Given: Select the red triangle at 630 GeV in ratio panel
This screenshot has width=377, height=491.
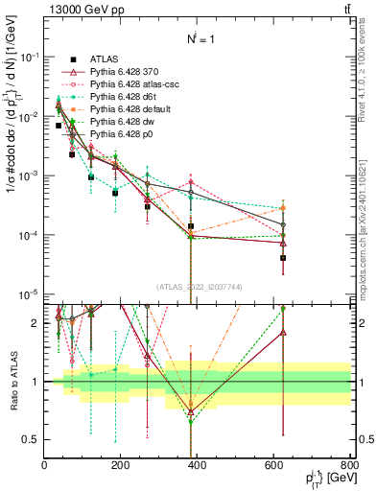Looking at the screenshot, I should click(x=283, y=333).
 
